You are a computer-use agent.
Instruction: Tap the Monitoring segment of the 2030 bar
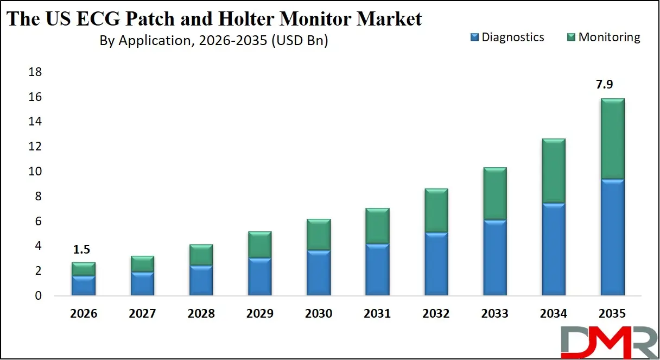pos(318,235)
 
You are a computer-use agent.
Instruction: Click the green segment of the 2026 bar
pos(84,269)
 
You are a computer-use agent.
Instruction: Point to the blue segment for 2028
pos(201,280)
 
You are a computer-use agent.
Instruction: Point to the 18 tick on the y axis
pos(34,72)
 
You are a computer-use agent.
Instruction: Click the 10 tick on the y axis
pos(34,172)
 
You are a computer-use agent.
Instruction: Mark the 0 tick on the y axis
pos(37,296)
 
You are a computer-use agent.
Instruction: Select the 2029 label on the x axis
pos(259,314)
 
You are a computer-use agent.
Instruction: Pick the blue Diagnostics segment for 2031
pos(377,269)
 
